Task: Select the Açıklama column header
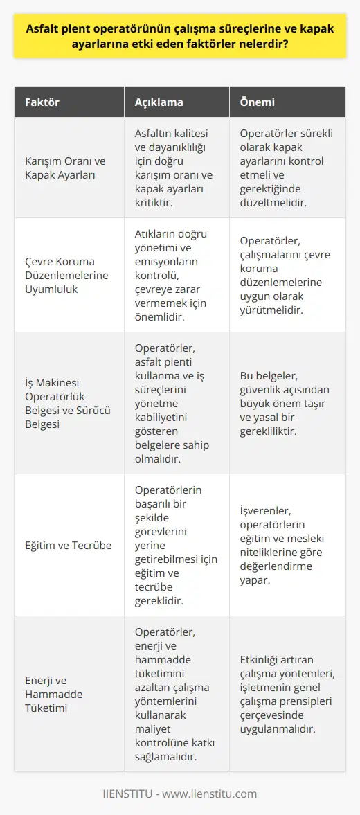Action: (x=158, y=102)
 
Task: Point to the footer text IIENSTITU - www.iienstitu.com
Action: (x=180, y=794)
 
